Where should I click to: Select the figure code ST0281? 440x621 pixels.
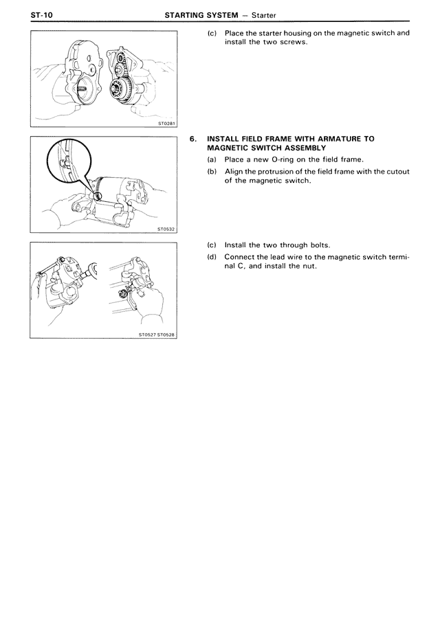click(166, 124)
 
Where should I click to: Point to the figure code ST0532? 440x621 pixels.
click(166, 229)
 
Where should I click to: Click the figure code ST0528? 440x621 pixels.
click(167, 335)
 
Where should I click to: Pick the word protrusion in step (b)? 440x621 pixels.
click(278, 172)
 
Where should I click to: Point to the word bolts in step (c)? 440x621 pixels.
click(318, 245)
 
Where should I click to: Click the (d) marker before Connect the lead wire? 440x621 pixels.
click(212, 257)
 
